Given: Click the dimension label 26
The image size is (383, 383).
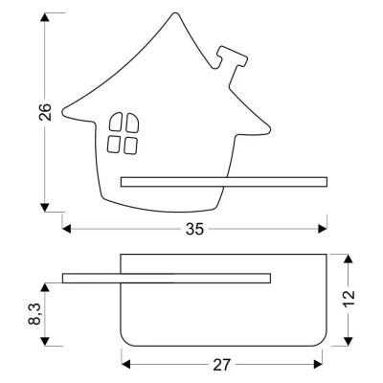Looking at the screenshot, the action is (x=45, y=112).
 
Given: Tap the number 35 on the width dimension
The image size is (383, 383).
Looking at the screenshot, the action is (x=194, y=229).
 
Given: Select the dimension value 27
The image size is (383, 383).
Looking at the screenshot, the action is (x=221, y=365).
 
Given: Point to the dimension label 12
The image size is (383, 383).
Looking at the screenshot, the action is (x=349, y=299).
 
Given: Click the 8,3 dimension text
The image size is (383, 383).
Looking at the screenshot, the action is (x=35, y=314).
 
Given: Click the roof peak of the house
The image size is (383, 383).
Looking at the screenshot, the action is (x=175, y=14).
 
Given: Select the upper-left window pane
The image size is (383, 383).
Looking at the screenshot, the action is (x=116, y=122).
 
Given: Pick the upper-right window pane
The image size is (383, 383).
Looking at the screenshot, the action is (x=132, y=123).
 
